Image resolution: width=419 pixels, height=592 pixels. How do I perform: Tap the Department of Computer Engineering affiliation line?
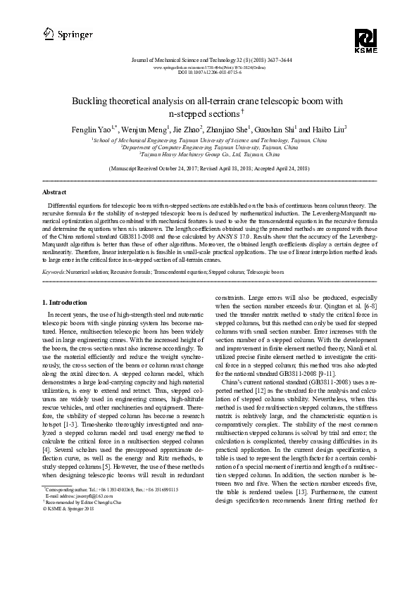[209, 149]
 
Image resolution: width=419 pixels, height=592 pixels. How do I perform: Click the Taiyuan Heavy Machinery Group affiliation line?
[209, 156]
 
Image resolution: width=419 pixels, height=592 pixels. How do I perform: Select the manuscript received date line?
[209, 170]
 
